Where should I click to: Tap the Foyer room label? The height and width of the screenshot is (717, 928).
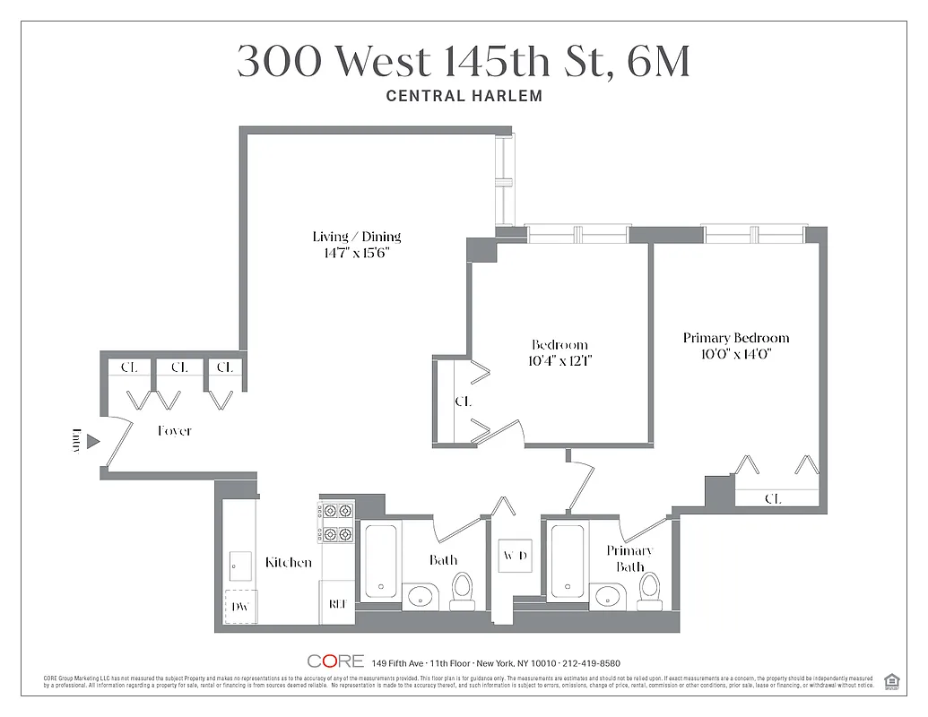174,431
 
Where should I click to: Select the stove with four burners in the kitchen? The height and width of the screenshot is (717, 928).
336,523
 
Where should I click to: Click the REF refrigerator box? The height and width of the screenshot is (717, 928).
338,604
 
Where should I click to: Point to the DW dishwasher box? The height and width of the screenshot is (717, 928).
239,607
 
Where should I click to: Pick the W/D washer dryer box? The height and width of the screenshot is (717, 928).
515,556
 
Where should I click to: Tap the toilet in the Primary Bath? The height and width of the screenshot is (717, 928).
649,589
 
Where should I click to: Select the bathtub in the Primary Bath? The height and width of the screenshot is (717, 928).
568,562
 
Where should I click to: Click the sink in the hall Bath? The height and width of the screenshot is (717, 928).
420,595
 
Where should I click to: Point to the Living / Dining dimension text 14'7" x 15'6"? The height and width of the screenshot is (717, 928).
356,253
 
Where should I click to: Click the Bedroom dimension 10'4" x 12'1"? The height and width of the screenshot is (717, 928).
559,361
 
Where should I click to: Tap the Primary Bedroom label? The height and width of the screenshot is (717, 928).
736,338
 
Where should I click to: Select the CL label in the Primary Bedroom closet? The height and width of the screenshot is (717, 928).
772,498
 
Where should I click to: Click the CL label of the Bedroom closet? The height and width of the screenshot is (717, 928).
463,402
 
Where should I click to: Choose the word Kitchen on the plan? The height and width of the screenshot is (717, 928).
289,563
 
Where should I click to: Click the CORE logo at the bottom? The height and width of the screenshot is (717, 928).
335,661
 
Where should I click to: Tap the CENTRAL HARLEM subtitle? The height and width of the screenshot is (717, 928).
464,96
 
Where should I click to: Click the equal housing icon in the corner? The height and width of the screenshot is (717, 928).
891,680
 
